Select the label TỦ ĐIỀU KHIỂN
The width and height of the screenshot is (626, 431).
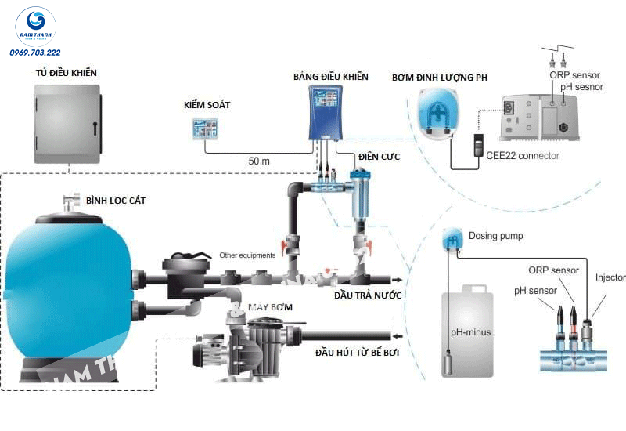[67, 73]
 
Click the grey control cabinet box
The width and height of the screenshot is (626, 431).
[68, 125]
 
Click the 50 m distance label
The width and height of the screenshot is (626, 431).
[259, 161]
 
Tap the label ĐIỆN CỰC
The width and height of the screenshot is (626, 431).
[379, 158]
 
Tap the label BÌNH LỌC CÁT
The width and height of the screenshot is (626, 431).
[116, 201]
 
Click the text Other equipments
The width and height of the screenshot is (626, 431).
[247, 255]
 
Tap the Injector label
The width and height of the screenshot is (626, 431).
[610, 277]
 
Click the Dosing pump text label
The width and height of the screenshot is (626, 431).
[495, 235]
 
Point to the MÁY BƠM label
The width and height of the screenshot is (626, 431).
[271, 306]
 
